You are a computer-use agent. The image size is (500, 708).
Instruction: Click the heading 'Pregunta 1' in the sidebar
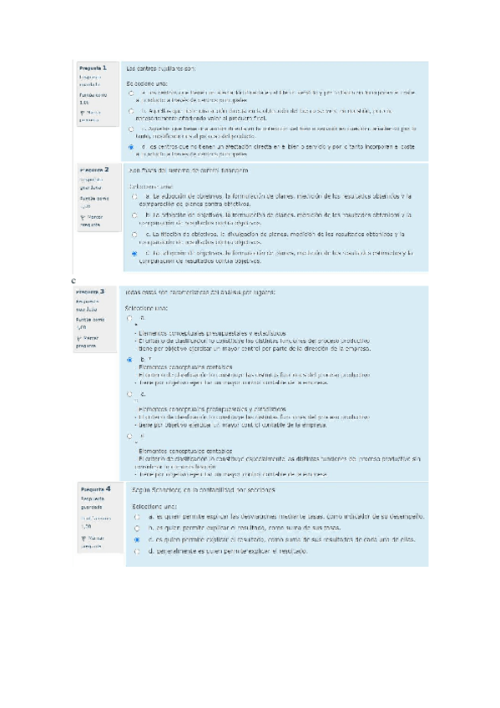pos(92,68)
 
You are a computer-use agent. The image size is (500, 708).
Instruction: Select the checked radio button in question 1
pos(131,147)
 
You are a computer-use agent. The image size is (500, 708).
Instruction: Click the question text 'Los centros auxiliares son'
pos(160,68)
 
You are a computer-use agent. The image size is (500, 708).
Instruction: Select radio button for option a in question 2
pos(135,196)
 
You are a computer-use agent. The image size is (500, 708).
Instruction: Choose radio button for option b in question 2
pos(135,215)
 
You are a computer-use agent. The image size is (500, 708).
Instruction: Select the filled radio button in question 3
pos(129,359)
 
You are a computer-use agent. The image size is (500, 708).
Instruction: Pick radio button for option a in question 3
pos(129,318)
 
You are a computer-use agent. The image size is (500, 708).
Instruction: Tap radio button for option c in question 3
pos(129,393)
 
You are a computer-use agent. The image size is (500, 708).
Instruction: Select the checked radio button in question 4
pos(136,540)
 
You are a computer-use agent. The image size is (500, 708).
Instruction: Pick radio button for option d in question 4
pos(136,552)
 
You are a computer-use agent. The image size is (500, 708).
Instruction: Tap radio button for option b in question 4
pos(136,528)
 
